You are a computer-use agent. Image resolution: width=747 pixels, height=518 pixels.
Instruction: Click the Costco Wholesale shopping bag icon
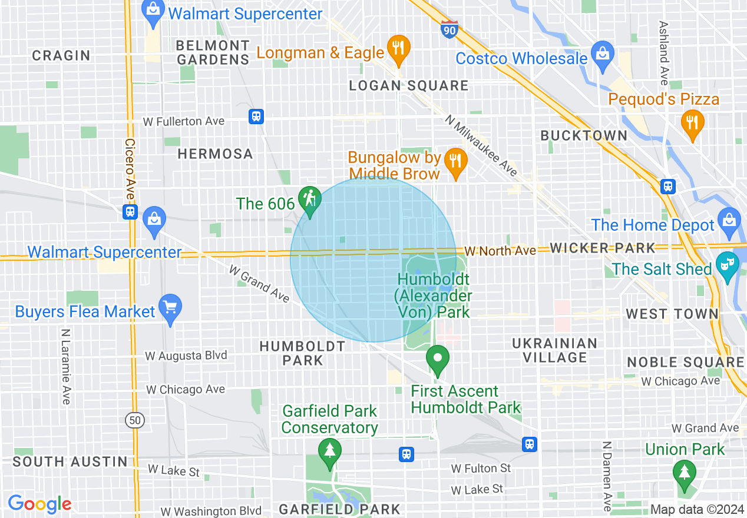point(602,54)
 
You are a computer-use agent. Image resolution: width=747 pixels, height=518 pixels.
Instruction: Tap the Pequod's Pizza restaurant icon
point(692,123)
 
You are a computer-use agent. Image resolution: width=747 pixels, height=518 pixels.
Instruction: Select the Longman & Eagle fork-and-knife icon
point(399,48)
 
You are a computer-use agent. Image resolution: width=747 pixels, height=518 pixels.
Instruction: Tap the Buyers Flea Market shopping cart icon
point(170,307)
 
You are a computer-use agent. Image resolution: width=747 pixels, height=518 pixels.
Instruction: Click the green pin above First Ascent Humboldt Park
point(437,358)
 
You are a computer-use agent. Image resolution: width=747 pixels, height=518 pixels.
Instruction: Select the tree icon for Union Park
point(684,473)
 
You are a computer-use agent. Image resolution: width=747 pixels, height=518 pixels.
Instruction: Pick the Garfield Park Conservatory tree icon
point(329,451)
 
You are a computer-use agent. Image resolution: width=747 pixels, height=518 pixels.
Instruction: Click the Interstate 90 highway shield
point(449,28)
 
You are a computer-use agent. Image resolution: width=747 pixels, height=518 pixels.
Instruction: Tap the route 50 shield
point(135,420)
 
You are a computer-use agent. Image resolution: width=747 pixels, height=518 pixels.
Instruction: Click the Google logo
point(39,504)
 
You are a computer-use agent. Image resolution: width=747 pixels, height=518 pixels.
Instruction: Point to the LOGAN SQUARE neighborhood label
point(409,86)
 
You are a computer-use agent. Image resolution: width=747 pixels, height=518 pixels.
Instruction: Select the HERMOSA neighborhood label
point(215,154)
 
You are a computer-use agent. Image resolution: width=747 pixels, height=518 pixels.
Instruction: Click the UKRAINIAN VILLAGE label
point(554,350)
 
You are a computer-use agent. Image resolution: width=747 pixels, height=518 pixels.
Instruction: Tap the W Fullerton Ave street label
point(184,121)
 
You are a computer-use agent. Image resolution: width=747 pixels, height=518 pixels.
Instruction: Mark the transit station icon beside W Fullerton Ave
point(256,116)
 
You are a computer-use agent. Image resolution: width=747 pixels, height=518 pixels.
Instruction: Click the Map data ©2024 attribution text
point(697,509)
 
